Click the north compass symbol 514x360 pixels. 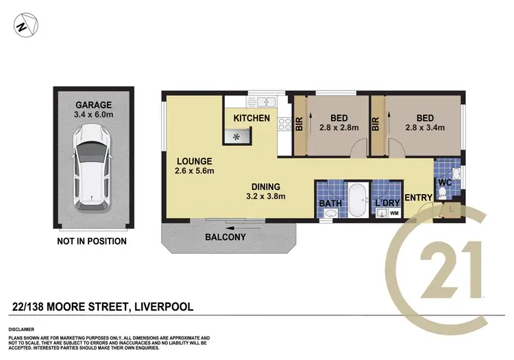(x=22, y=27)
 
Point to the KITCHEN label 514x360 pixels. (x=252, y=119)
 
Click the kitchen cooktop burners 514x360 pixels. (x=284, y=124)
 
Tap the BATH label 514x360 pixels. (x=330, y=204)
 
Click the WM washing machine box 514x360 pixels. (x=394, y=213)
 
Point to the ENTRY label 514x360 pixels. (x=418, y=198)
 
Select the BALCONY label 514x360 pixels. (x=225, y=237)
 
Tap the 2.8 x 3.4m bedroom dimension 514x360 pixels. (x=425, y=127)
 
